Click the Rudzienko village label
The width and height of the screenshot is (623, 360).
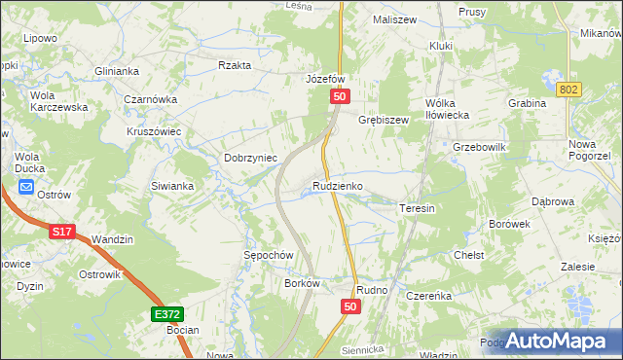(x=338, y=185)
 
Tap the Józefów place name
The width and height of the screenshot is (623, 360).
(x=326, y=79)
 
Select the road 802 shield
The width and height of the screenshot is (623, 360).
(x=570, y=89)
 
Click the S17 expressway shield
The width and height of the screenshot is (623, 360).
(x=61, y=232)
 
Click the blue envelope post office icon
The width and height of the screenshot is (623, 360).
(x=25, y=188)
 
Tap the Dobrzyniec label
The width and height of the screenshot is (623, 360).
(x=251, y=158)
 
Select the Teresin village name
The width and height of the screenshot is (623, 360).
(x=416, y=208)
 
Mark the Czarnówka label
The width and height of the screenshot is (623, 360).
(x=150, y=99)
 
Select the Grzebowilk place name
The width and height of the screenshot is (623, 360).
(x=479, y=147)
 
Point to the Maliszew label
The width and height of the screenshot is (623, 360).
(x=393, y=18)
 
